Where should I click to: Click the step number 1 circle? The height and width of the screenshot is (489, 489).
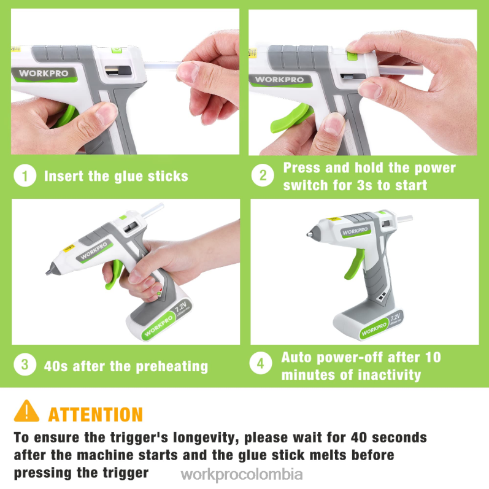click(x=25, y=175)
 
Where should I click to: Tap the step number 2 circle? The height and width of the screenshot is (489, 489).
click(x=263, y=175)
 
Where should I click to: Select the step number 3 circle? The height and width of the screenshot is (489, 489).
click(x=25, y=364)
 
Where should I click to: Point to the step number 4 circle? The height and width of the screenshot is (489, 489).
click(x=261, y=363)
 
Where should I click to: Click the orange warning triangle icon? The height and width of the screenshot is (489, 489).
click(x=26, y=411)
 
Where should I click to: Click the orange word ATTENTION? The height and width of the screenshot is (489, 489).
click(x=96, y=415)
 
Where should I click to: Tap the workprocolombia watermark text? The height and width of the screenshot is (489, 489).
click(x=242, y=475)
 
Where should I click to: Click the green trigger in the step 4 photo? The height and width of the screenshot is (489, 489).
click(x=355, y=264)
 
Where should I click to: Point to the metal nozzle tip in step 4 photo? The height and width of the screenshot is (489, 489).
click(x=310, y=234)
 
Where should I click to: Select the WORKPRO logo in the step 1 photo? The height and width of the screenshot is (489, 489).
click(x=44, y=74)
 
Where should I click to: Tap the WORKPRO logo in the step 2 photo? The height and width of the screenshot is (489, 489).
click(x=279, y=80)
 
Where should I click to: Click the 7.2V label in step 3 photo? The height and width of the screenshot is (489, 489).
click(x=180, y=306)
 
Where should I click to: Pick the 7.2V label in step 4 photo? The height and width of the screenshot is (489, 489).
click(x=395, y=317)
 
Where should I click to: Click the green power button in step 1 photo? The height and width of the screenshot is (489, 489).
click(x=117, y=50)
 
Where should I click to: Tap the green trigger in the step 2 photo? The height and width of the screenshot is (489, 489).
click(x=290, y=118)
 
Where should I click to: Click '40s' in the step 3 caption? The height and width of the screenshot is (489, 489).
click(x=56, y=366)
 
